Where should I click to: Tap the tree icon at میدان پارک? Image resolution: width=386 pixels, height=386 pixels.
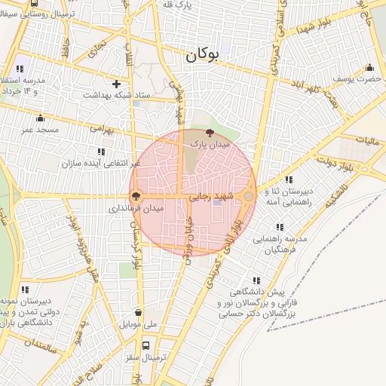coord(210,132)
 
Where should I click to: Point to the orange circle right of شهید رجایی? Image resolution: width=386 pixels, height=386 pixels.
coord(249,196)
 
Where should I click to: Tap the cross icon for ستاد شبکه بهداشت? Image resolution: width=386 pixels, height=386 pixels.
coord(116,84)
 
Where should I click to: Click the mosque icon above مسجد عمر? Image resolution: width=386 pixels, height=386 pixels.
coord(40,118)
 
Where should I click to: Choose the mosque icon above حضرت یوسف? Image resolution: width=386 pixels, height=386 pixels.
coord(369,68)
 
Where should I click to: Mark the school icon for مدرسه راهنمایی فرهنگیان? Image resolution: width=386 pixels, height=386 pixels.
coord(280,226)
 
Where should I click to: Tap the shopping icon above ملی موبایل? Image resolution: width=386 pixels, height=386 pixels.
coord(138,313)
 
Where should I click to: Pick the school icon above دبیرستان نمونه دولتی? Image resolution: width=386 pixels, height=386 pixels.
coord(26,289)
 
